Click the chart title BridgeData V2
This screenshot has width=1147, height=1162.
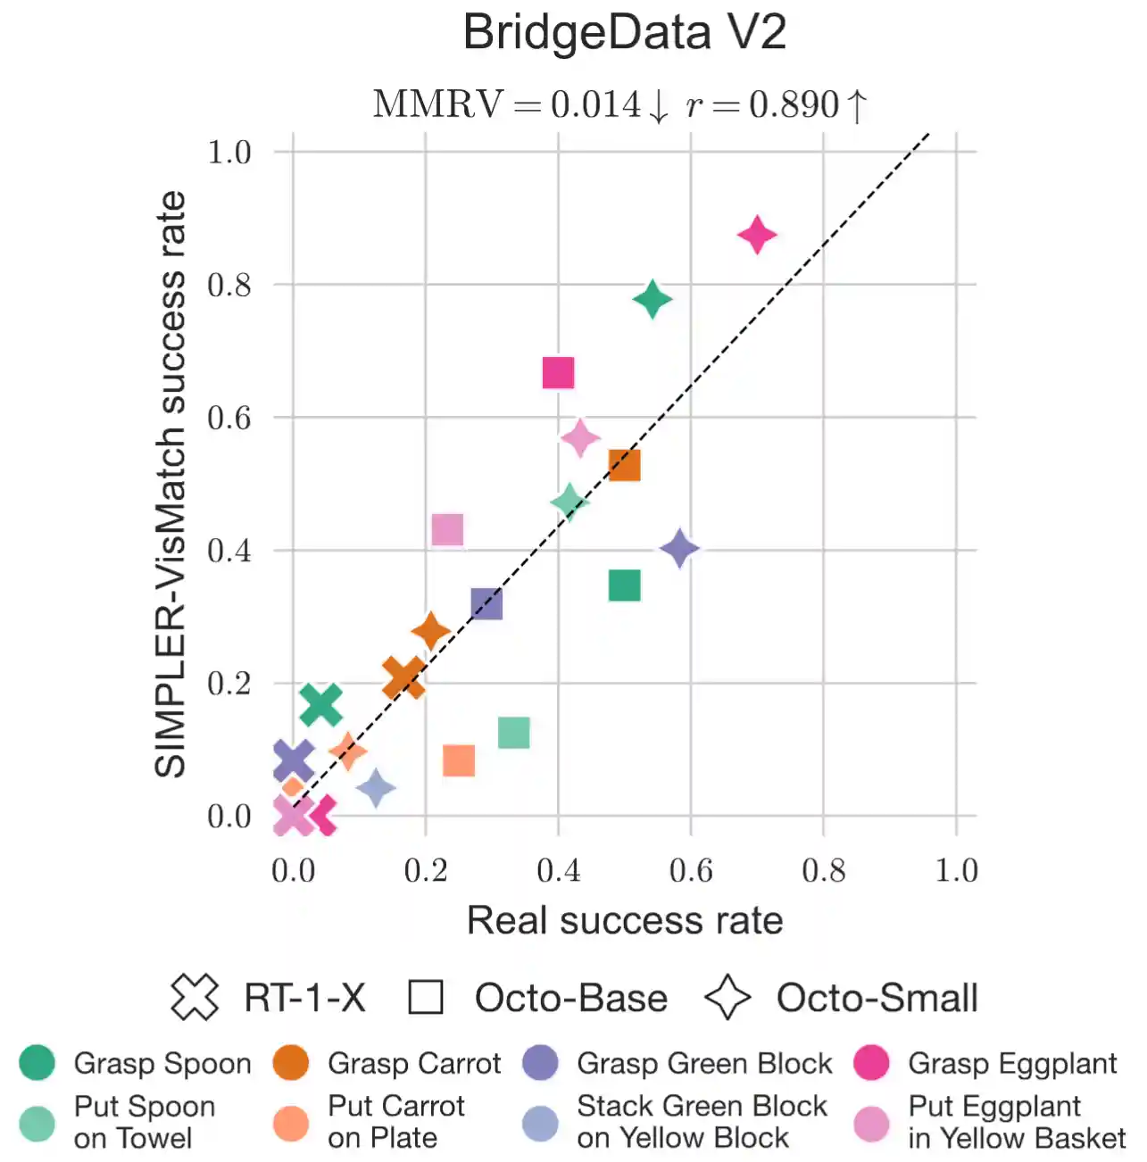click(x=624, y=33)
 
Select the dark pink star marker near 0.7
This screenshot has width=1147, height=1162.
click(x=757, y=236)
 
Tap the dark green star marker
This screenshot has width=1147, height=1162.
click(x=652, y=299)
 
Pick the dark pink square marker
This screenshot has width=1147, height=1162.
click(x=558, y=373)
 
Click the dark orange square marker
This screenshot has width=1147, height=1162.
click(x=624, y=465)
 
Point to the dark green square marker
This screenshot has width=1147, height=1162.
click(x=624, y=585)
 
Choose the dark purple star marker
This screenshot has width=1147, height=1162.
click(x=679, y=548)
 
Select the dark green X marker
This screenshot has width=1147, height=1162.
click(x=320, y=704)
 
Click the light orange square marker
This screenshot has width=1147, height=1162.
click(x=459, y=760)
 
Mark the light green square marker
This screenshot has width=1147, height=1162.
click(x=513, y=733)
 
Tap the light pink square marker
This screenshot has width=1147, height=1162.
click(x=447, y=530)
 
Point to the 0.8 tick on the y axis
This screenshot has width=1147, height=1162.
click(x=229, y=286)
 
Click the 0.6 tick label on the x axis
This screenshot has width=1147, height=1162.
click(x=691, y=870)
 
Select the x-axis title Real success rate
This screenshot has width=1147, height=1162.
click(x=625, y=920)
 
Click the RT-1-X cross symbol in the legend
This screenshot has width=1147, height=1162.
click(x=195, y=998)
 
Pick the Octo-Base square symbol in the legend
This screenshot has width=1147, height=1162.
click(x=426, y=998)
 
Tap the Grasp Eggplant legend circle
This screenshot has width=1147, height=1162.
click(x=871, y=1063)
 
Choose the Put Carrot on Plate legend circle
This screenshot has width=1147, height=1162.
click(x=291, y=1124)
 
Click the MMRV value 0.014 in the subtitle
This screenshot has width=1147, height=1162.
click(x=595, y=104)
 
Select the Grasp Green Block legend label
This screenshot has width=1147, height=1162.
click(x=704, y=1064)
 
